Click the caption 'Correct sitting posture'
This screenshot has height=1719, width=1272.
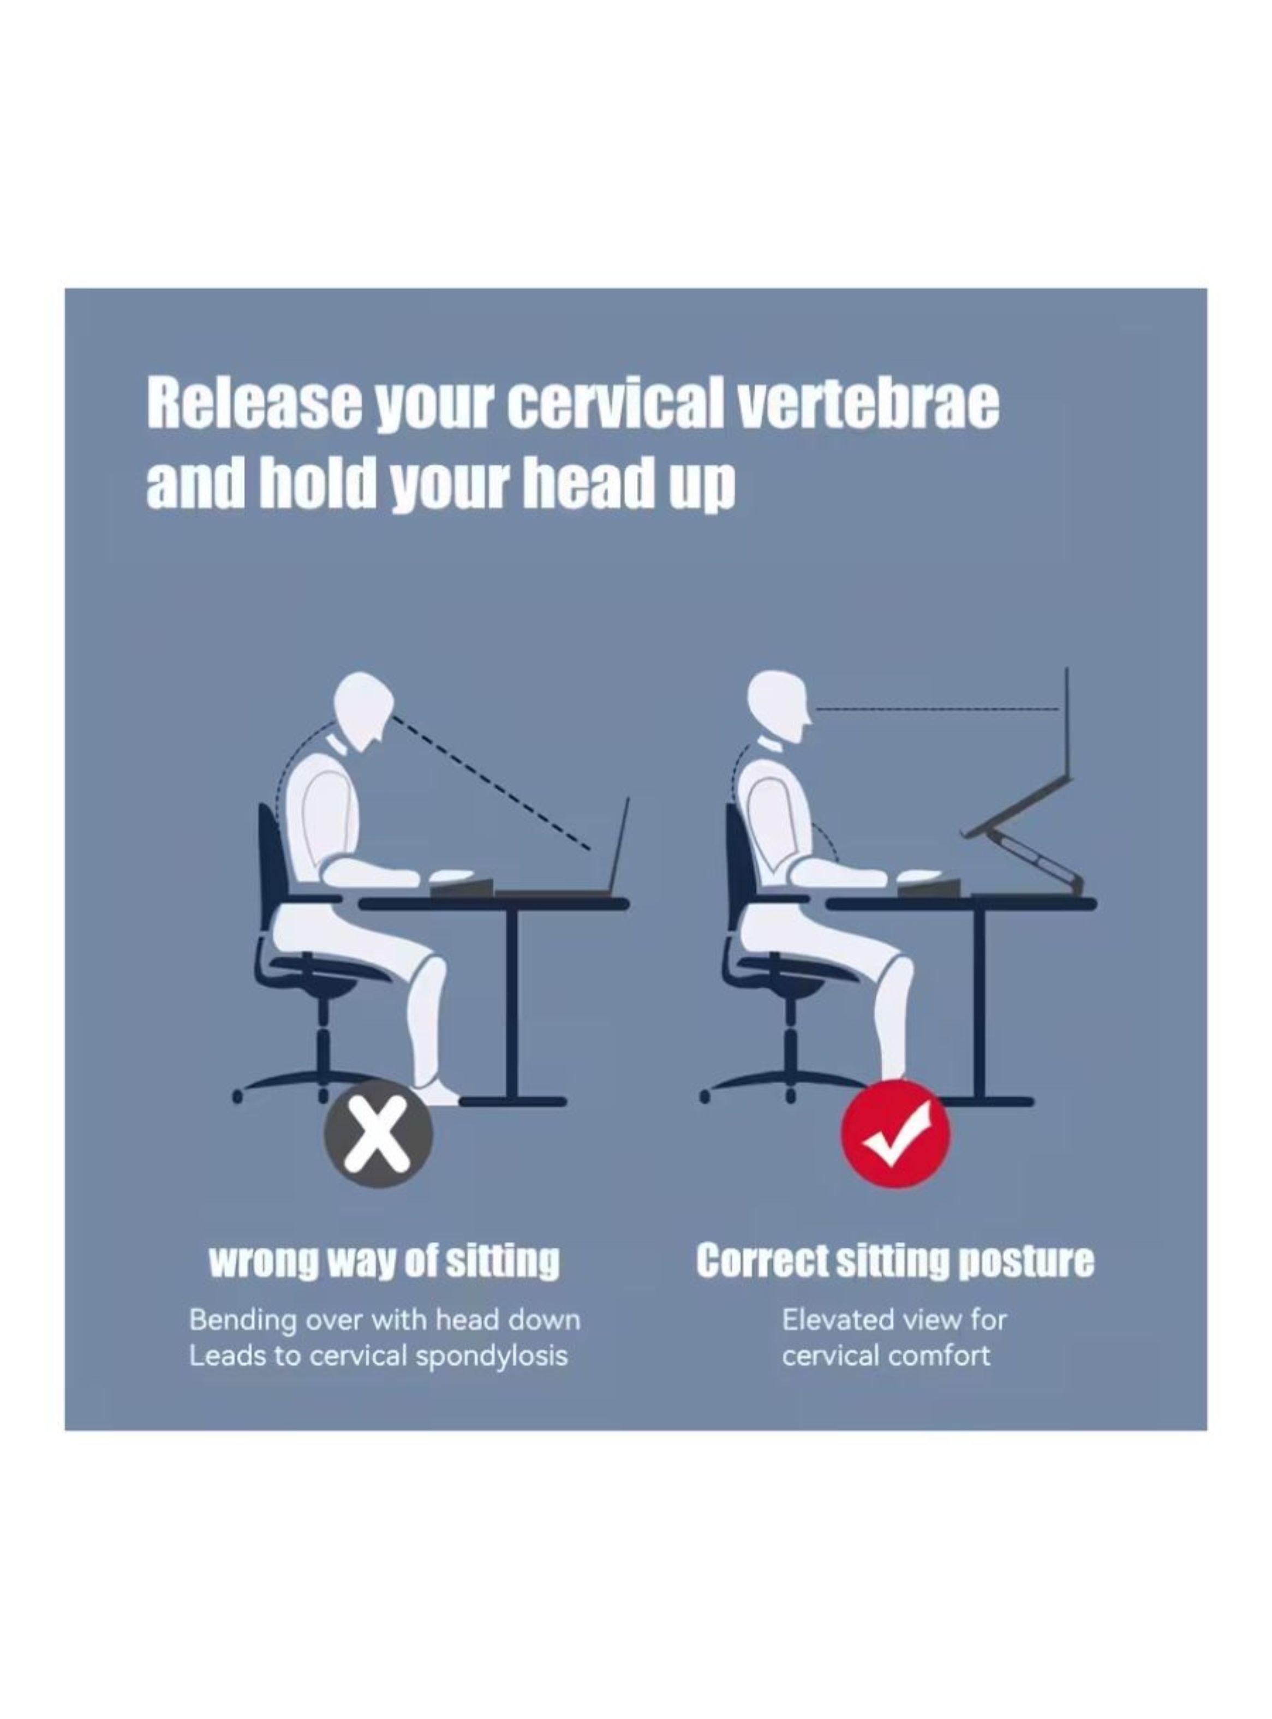tap(895, 1262)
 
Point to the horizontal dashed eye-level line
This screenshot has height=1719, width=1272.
tap(937, 707)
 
